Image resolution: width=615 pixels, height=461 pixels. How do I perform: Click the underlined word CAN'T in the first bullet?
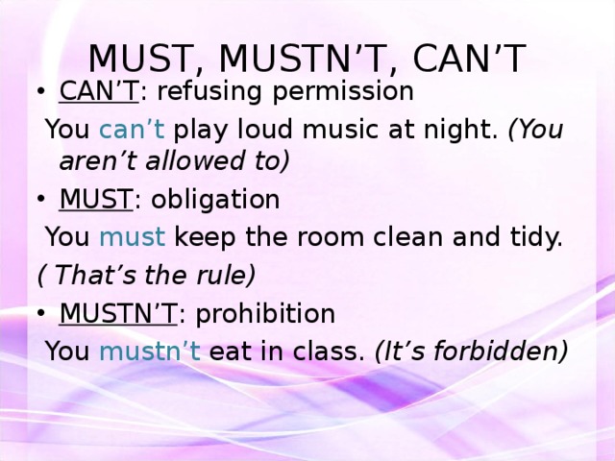coord(99,91)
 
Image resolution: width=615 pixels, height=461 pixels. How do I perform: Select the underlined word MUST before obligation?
coord(96,199)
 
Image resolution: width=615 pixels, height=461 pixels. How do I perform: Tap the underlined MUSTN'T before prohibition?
coord(118,313)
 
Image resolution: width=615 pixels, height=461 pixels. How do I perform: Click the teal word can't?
coord(132,129)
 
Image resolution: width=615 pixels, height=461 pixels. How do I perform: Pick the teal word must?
coord(133,237)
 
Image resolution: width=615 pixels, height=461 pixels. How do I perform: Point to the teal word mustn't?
coord(150,351)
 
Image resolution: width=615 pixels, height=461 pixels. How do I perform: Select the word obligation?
coord(215,199)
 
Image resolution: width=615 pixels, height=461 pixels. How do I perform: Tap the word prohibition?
coord(265,314)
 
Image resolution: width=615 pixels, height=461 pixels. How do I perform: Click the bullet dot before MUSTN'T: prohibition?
coord(40,313)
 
